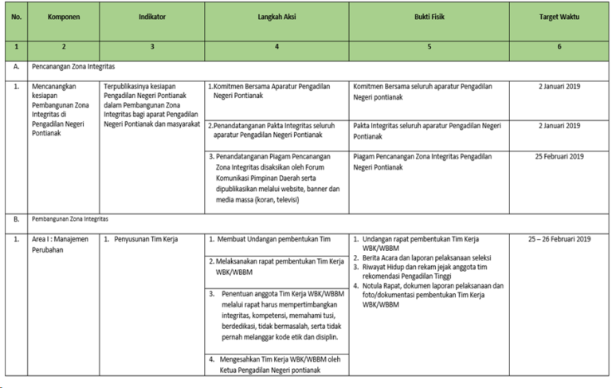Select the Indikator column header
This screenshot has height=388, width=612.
click(151, 16)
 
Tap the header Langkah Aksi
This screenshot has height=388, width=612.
click(276, 16)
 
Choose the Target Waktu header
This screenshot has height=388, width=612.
click(559, 16)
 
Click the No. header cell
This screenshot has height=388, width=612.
click(16, 16)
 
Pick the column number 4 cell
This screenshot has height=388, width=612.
click(276, 47)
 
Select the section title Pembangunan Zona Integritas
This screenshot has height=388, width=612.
click(69, 218)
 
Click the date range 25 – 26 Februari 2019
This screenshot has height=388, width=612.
click(559, 239)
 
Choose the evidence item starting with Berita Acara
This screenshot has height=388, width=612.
click(426, 258)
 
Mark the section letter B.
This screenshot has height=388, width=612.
click(16, 218)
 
